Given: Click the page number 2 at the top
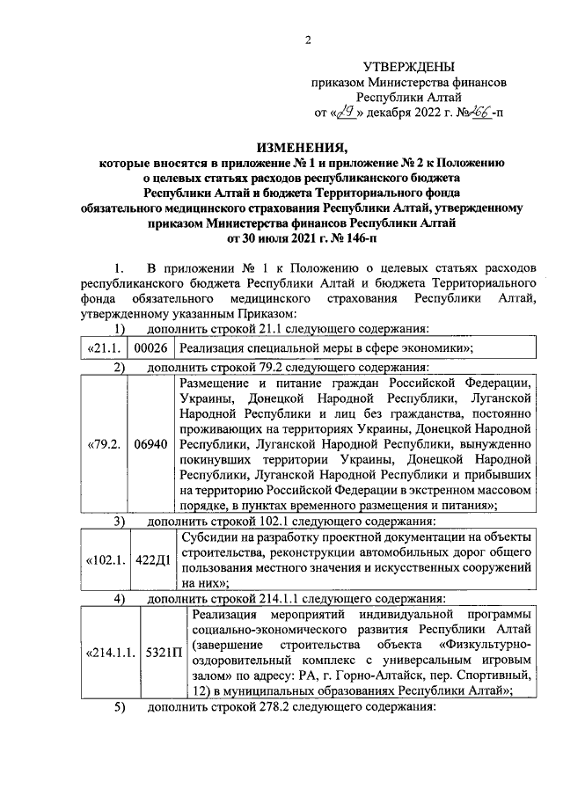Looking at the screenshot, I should (x=308, y=40).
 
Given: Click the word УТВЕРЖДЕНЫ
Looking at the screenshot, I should (x=409, y=67).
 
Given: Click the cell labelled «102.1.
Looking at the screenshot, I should (x=105, y=559).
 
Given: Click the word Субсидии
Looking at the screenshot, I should (x=208, y=536).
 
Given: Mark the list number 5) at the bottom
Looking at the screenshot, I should (x=120, y=709).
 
